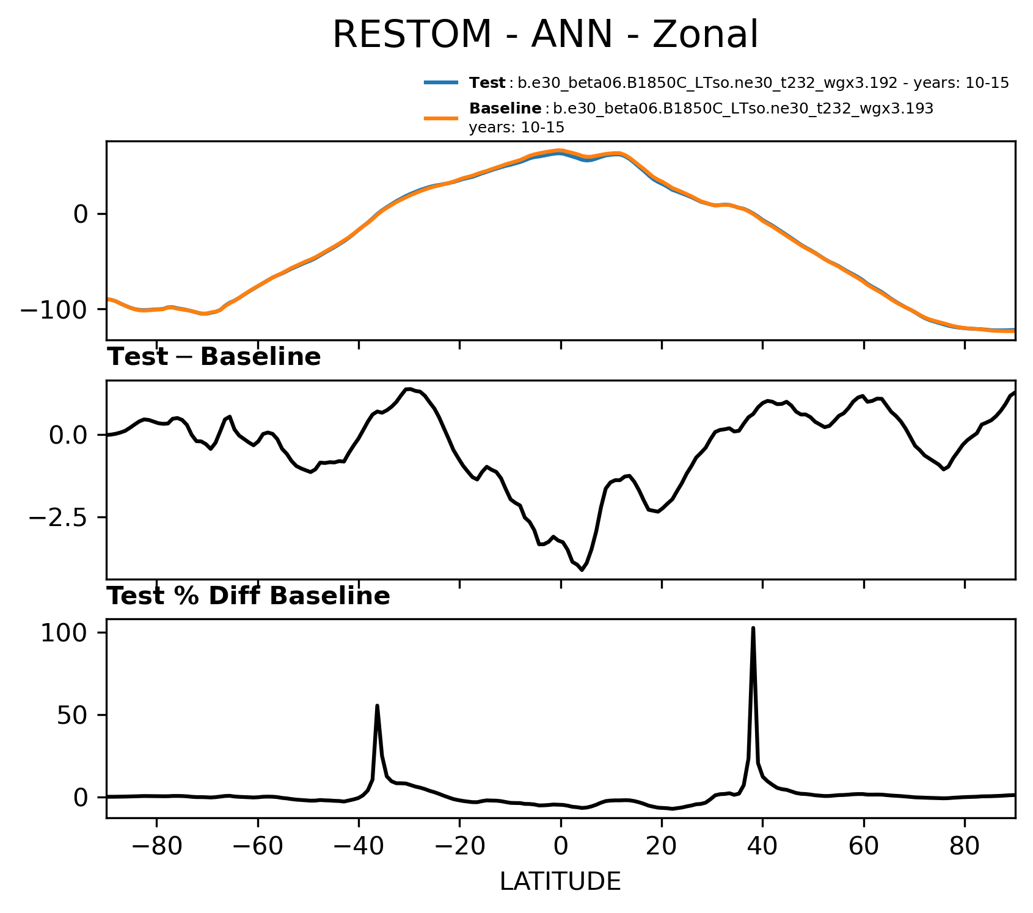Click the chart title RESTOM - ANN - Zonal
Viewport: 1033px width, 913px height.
click(545, 35)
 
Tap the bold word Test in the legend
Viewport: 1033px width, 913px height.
click(487, 83)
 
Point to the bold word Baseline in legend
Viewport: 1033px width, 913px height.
click(505, 109)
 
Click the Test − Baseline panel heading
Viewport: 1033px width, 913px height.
click(214, 357)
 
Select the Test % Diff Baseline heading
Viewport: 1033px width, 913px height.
click(249, 596)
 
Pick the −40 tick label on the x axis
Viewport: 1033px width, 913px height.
click(358, 847)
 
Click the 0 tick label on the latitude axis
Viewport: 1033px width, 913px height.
click(560, 847)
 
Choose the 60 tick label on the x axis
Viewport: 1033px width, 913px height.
click(863, 847)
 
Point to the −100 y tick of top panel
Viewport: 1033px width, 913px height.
click(55, 309)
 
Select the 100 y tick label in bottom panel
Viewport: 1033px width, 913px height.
click(64, 633)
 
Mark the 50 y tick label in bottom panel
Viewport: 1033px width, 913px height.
click(71, 715)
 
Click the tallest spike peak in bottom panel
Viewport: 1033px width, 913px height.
click(753, 628)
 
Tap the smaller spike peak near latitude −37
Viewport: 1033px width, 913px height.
click(377, 706)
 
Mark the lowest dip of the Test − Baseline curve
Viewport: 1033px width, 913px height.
click(582, 569)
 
